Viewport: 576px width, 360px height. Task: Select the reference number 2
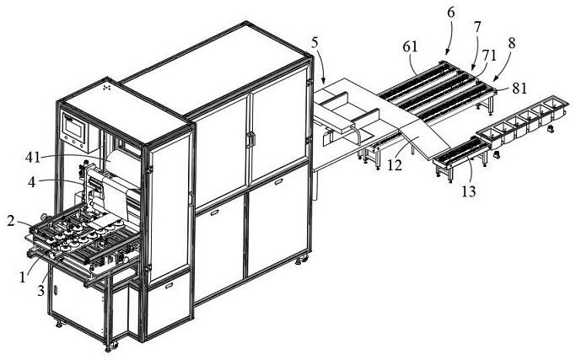tap(11, 221)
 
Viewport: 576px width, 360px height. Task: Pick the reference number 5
tap(315, 41)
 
